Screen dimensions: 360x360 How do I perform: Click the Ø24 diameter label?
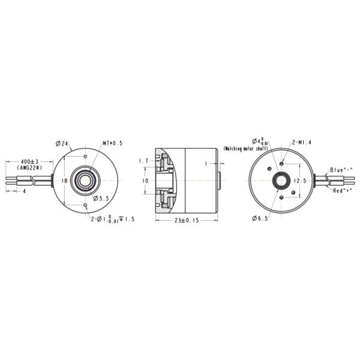pos(63,143)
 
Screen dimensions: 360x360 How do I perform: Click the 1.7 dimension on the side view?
pos(143,161)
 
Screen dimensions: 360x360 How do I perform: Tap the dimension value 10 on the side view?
pos(144,180)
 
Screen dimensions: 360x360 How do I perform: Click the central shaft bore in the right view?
pos(280,181)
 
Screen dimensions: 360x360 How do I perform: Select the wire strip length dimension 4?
pos(24,191)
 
